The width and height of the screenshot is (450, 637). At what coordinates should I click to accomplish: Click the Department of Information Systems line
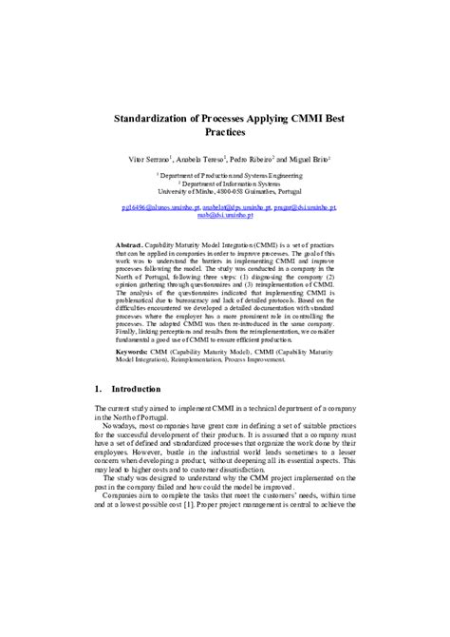[x=226, y=183]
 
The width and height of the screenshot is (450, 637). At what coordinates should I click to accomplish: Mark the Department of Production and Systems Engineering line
[x=226, y=176]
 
